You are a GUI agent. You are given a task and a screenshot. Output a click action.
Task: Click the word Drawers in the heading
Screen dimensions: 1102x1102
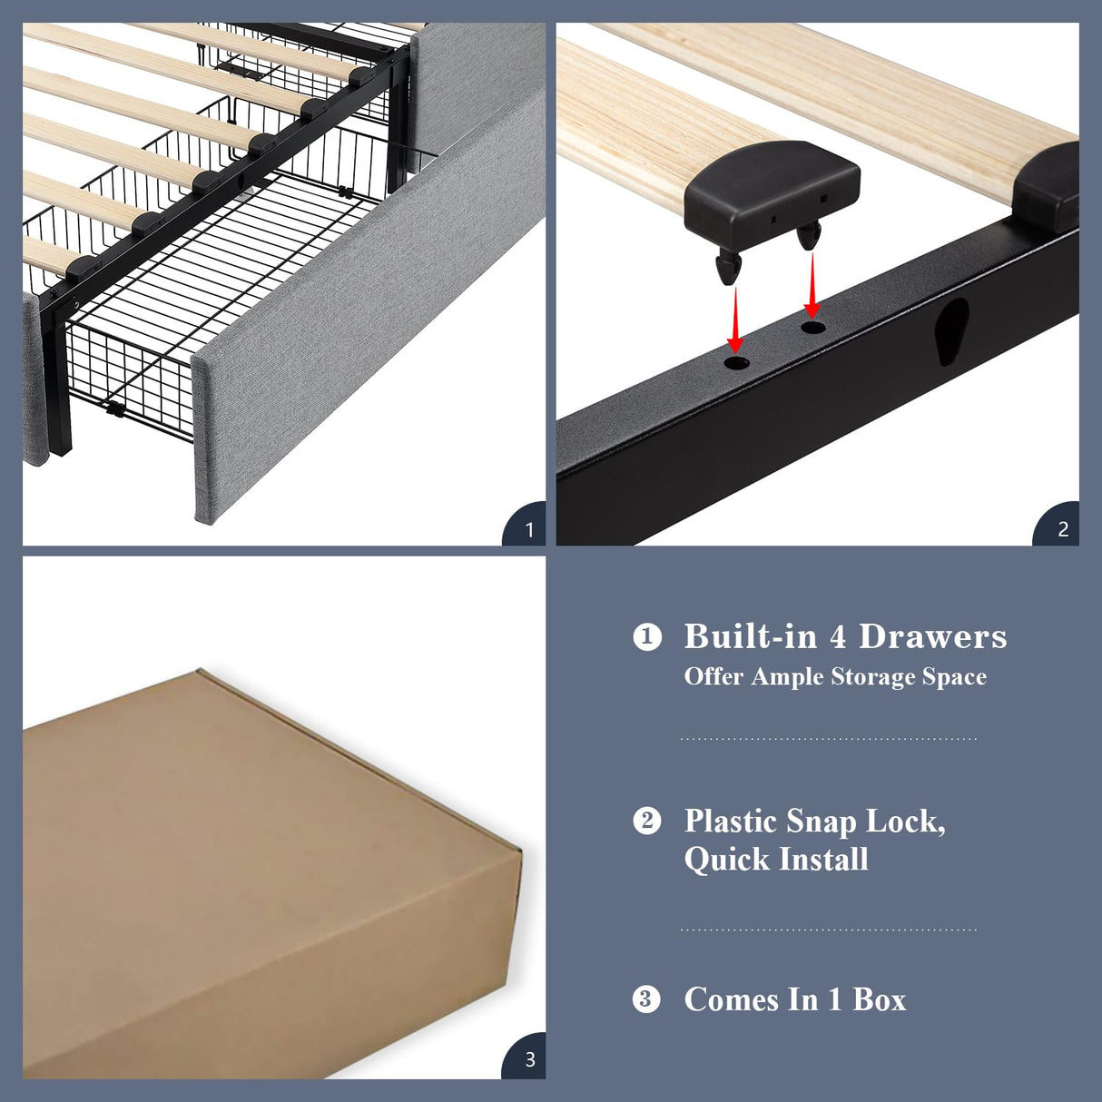pos(932,636)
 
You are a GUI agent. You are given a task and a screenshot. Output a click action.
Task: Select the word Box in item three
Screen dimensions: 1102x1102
pos(879,999)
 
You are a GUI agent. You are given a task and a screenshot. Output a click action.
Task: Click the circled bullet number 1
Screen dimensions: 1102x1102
pos(646,636)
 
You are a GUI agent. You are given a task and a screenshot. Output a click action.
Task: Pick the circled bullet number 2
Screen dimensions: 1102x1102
pos(646,821)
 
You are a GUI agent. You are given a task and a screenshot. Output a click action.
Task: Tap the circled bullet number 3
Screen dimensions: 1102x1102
pos(646,999)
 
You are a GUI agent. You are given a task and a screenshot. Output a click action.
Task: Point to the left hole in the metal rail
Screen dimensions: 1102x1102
pos(737,363)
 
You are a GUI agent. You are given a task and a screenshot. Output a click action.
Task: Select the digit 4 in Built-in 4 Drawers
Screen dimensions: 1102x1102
pos(838,636)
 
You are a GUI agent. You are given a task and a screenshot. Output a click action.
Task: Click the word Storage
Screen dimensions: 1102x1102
pos(873,677)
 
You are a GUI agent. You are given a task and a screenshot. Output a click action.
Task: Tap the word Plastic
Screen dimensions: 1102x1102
pos(731,821)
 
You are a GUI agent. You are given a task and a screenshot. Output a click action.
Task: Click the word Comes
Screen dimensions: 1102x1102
pos(732,999)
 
